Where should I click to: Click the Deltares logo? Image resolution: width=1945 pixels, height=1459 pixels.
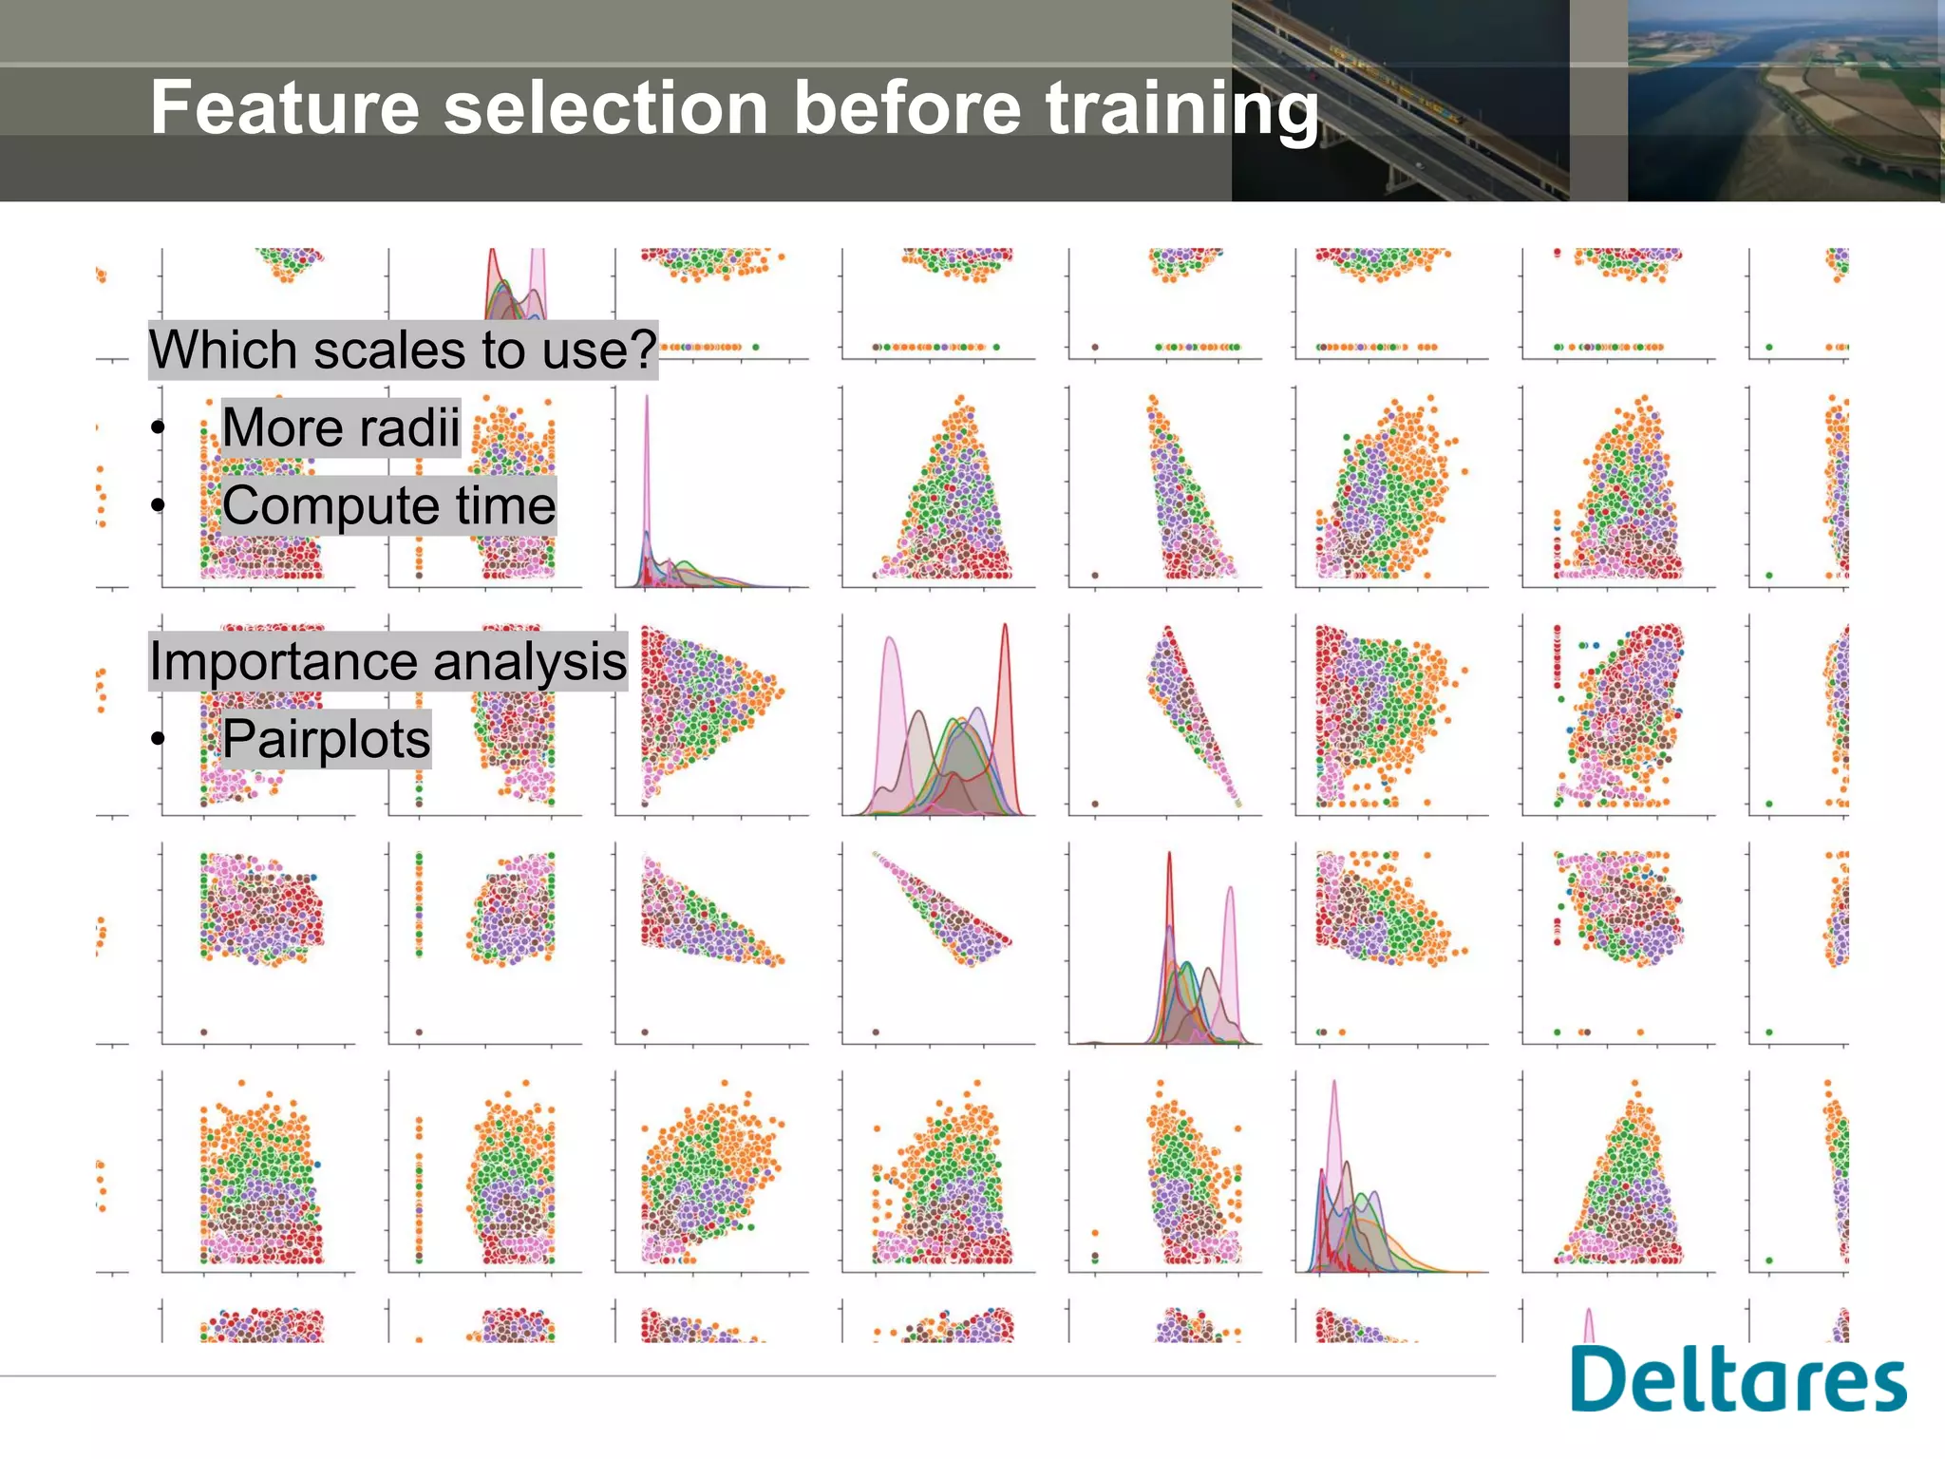click(1738, 1379)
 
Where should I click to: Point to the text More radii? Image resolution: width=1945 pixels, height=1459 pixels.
click(341, 427)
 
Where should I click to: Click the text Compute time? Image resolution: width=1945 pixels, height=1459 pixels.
click(388, 505)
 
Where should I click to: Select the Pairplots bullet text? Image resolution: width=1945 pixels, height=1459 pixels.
click(326, 739)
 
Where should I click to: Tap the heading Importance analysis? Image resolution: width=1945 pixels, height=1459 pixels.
click(387, 661)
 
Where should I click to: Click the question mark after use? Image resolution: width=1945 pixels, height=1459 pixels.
click(645, 349)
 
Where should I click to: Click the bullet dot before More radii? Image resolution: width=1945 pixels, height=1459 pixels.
click(159, 428)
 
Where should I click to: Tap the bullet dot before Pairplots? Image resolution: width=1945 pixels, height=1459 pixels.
click(159, 739)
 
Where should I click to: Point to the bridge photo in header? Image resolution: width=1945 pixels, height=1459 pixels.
click(1400, 101)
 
